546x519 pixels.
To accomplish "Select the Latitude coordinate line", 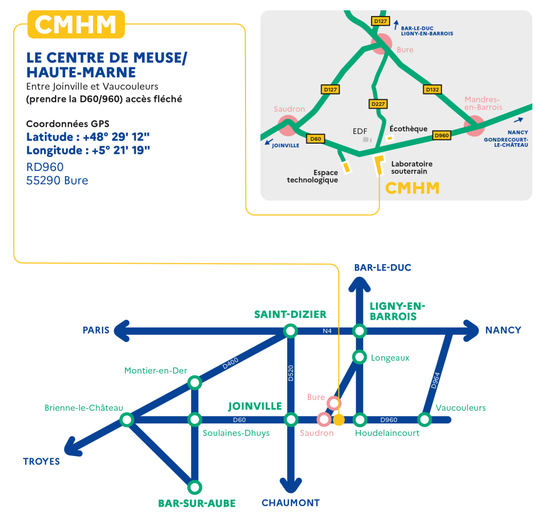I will (x=88, y=137).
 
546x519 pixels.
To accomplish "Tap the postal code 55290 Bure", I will (x=57, y=180).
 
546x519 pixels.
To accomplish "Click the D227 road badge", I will (x=377, y=104).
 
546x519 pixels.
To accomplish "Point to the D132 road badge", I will (x=432, y=90).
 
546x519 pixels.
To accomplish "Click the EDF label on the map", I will (x=360, y=131).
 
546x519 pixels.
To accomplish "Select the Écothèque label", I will (x=408, y=129).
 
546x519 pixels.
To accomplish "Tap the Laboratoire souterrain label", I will (x=412, y=168).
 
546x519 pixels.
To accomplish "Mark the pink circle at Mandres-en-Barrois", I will (x=473, y=127).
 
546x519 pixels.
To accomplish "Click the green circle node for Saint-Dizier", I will (x=290, y=331).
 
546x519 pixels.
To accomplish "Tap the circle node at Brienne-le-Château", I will (x=126, y=420).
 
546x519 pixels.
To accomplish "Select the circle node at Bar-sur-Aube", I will (x=195, y=487).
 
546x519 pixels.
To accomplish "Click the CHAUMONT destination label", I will (x=290, y=503).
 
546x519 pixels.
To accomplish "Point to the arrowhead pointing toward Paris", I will (x=123, y=331).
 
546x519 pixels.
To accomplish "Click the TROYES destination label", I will (x=41, y=461).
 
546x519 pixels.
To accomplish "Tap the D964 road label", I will (x=436, y=379).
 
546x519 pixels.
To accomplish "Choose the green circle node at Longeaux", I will (x=360, y=357).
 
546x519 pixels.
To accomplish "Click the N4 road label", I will (x=327, y=331).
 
